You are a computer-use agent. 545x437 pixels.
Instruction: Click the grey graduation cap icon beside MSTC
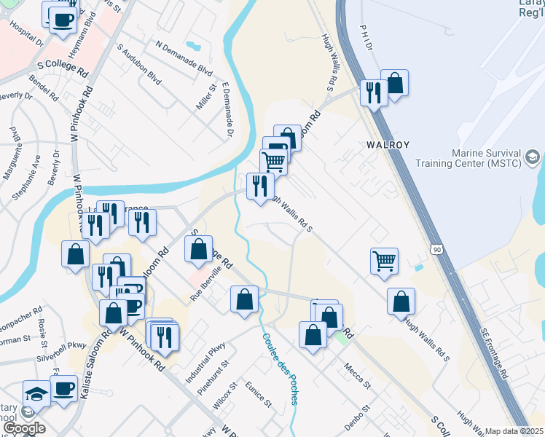pos(533,156)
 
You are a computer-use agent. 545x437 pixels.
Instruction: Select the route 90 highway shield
pos(435,249)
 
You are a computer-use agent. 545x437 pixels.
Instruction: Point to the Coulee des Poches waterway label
pos(281,369)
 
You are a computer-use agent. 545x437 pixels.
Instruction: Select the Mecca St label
pos(357,376)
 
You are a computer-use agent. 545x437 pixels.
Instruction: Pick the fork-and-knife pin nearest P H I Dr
pos(374,94)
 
